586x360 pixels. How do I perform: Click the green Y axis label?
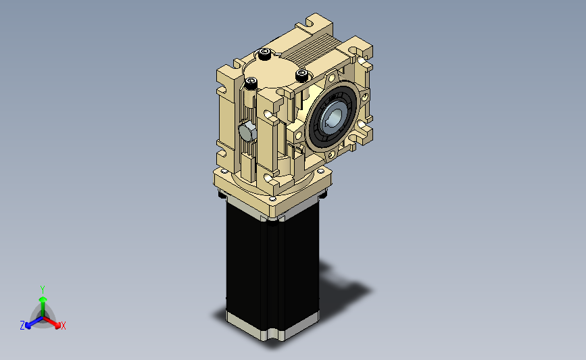(x=43, y=290)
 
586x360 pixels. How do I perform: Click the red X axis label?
(x=63, y=326)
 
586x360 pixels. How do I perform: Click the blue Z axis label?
(x=22, y=326)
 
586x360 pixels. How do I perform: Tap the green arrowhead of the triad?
(x=43, y=300)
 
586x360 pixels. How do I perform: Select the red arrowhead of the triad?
(x=57, y=326)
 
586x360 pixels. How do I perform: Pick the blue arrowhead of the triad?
(x=28, y=326)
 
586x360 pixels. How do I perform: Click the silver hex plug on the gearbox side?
(x=247, y=132)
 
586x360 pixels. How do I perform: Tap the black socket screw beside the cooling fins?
(x=264, y=54)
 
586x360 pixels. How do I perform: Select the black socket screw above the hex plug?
(x=251, y=83)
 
